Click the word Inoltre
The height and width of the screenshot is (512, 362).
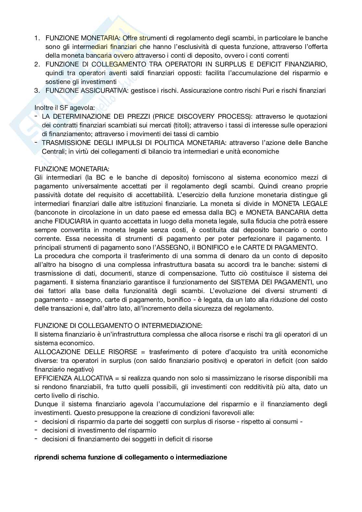coord(44,108)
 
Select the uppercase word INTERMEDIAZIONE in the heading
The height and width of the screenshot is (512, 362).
coord(166,326)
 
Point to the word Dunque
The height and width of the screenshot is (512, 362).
coord(45,404)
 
